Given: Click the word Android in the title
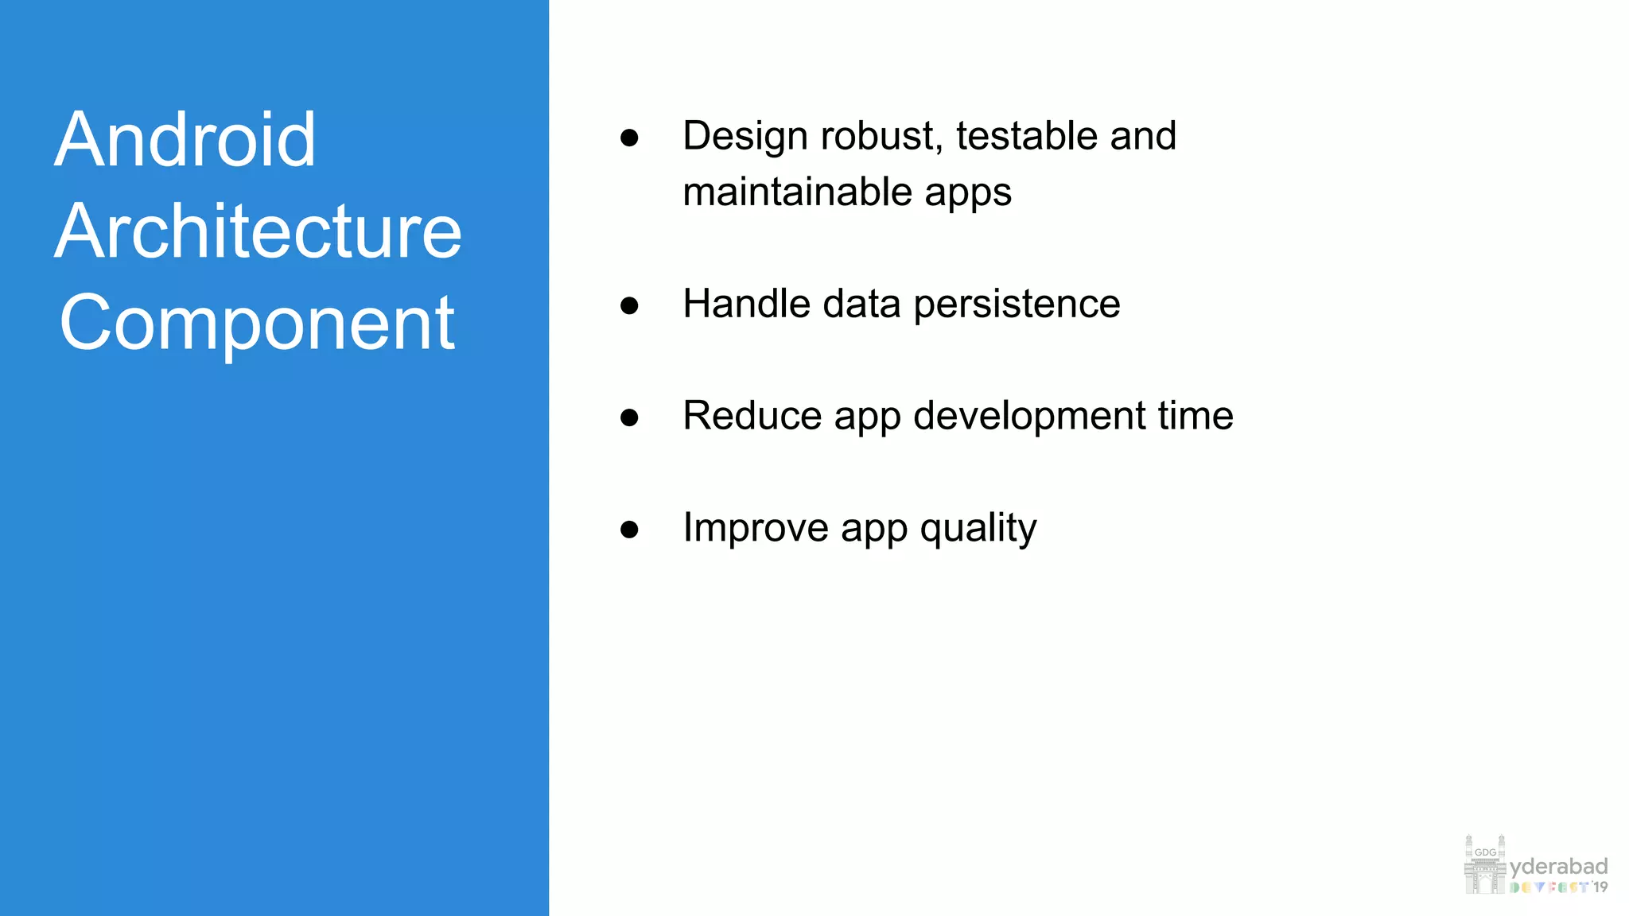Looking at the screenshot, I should coord(185,141).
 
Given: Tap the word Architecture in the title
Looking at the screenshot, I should coord(258,232).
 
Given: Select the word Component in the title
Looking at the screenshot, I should coord(257,324).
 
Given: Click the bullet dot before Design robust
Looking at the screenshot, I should coord(629,138).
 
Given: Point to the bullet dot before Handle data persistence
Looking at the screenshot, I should coord(629,305).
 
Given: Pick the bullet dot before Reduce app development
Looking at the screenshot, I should coord(629,417).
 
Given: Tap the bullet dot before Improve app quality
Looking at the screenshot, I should coord(629,530).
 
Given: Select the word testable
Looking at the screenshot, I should coord(1026,136).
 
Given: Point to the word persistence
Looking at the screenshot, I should coord(1017,305).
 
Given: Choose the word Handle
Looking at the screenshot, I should coord(745,305).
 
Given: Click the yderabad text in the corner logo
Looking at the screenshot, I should coord(1558,867).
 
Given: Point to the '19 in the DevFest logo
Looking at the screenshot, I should coord(1600,887).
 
